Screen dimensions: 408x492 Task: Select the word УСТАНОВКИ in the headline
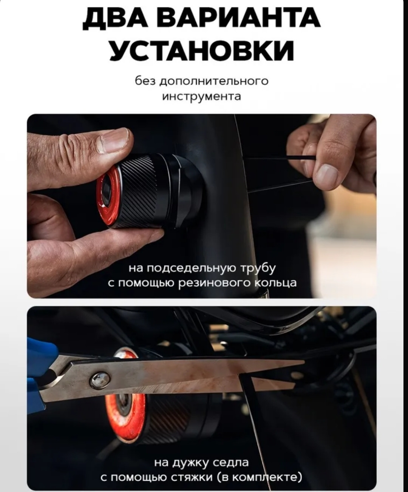(x=202, y=50)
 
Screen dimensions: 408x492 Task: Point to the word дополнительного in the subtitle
(x=214, y=82)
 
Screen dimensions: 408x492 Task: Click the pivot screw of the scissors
(x=100, y=380)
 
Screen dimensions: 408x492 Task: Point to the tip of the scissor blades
(x=304, y=361)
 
